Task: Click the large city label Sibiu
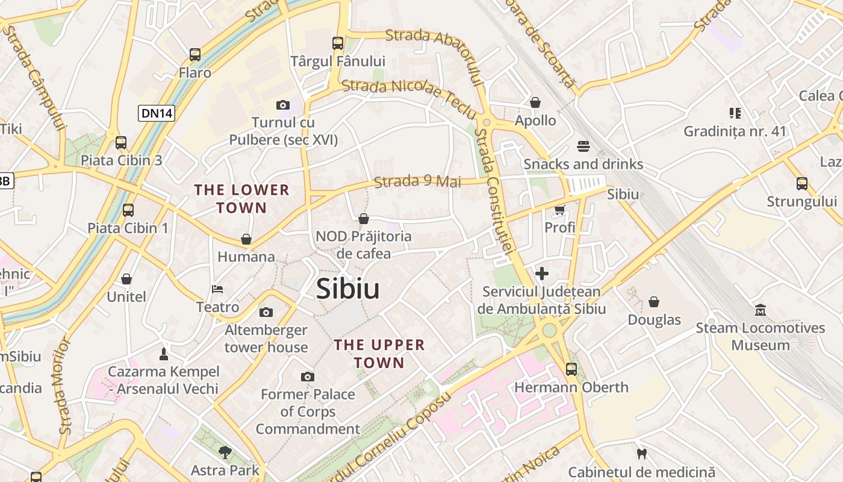pyautogui.click(x=348, y=289)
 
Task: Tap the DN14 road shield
pyautogui.click(x=157, y=113)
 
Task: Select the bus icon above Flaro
pyautogui.click(x=195, y=55)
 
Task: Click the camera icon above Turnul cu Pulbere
pyautogui.click(x=283, y=105)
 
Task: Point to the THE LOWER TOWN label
pyautogui.click(x=241, y=199)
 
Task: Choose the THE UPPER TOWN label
pyautogui.click(x=379, y=354)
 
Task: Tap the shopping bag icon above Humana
pyautogui.click(x=246, y=239)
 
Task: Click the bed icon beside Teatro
pyautogui.click(x=217, y=290)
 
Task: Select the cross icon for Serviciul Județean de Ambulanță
pyautogui.click(x=542, y=274)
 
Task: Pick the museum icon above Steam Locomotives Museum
pyautogui.click(x=761, y=310)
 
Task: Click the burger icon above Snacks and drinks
pyautogui.click(x=583, y=146)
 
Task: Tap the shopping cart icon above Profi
pyautogui.click(x=560, y=210)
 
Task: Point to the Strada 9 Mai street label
pyautogui.click(x=418, y=181)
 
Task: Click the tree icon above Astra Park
pyautogui.click(x=225, y=452)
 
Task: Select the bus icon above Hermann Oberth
pyautogui.click(x=571, y=369)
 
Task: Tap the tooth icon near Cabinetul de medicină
pyautogui.click(x=641, y=454)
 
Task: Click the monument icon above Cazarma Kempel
pyautogui.click(x=163, y=354)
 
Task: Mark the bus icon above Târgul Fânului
pyautogui.click(x=338, y=43)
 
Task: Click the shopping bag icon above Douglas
pyautogui.click(x=654, y=302)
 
